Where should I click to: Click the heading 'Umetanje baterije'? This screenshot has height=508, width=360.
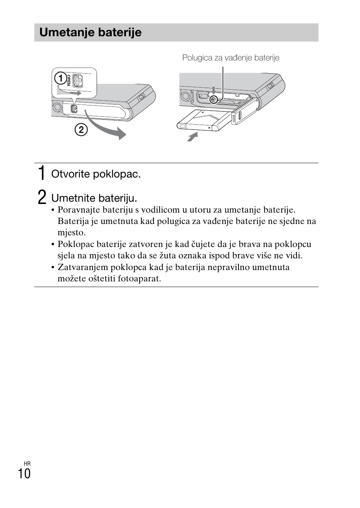tap(91, 32)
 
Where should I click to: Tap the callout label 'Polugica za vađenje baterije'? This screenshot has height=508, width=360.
tap(231, 58)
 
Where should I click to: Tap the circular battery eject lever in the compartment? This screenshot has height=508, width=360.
tap(214, 100)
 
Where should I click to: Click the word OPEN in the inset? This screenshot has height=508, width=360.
tap(69, 80)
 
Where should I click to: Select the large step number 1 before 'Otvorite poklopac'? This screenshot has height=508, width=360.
tap(42, 173)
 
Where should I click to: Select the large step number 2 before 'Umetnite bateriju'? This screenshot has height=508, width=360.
tap(42, 198)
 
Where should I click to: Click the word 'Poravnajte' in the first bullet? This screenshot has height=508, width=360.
tap(78, 210)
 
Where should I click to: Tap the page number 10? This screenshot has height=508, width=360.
tap(24, 474)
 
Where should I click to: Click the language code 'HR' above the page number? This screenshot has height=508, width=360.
tap(27, 463)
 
